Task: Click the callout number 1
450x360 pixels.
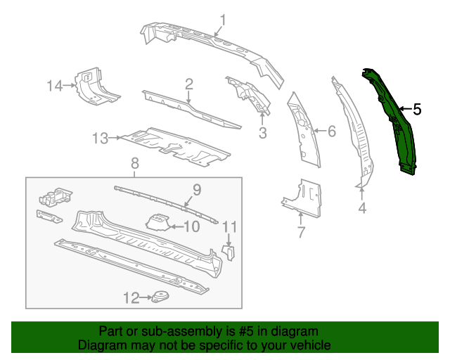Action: [x=222, y=20]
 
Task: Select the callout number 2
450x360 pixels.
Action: [x=188, y=84]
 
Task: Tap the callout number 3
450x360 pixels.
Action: [x=262, y=133]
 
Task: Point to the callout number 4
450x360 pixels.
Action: [x=362, y=208]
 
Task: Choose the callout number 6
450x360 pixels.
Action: [x=332, y=130]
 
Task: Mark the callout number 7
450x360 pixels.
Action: [x=300, y=232]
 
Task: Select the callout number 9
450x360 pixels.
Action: [x=197, y=188]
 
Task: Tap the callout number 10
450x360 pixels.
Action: [x=191, y=226]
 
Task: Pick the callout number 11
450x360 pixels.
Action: [x=230, y=226]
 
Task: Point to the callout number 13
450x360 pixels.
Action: [x=101, y=139]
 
